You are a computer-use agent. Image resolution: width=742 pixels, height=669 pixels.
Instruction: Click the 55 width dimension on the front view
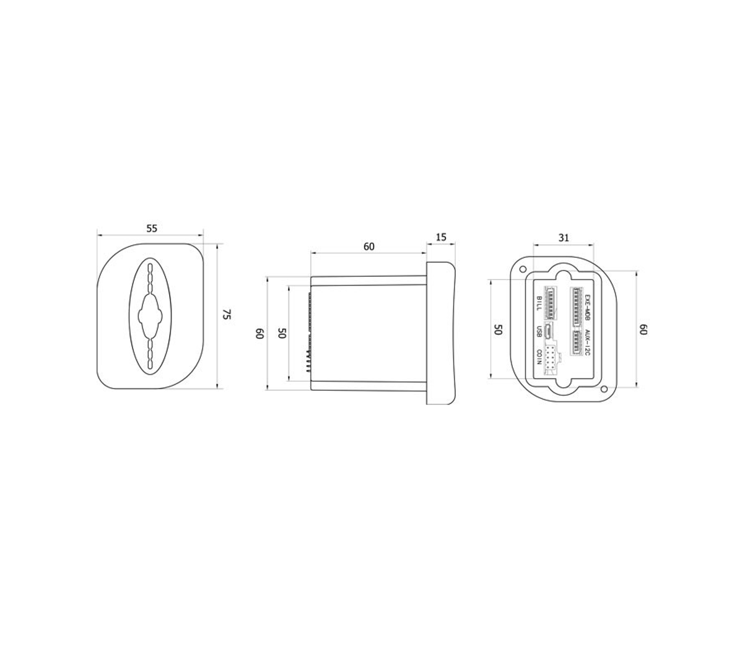coord(151,228)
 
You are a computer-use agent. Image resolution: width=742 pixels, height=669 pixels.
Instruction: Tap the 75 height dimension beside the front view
coord(227,315)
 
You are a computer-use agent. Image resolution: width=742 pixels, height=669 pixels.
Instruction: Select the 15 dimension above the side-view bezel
coord(440,237)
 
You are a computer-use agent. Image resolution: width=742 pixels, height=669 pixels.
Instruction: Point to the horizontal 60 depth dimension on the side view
coord(369,247)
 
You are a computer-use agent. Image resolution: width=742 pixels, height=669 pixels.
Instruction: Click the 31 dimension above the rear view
coord(564,237)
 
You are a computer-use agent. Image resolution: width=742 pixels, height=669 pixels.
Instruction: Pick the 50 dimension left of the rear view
coord(497,330)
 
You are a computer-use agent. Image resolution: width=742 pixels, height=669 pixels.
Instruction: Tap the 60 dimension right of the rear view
coord(643,330)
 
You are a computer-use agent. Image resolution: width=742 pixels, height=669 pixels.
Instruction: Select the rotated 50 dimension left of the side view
coord(282,333)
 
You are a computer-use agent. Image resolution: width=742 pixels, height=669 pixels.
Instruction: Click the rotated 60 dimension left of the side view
coord(260,333)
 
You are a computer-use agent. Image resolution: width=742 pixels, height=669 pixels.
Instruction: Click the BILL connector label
coord(539,303)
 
